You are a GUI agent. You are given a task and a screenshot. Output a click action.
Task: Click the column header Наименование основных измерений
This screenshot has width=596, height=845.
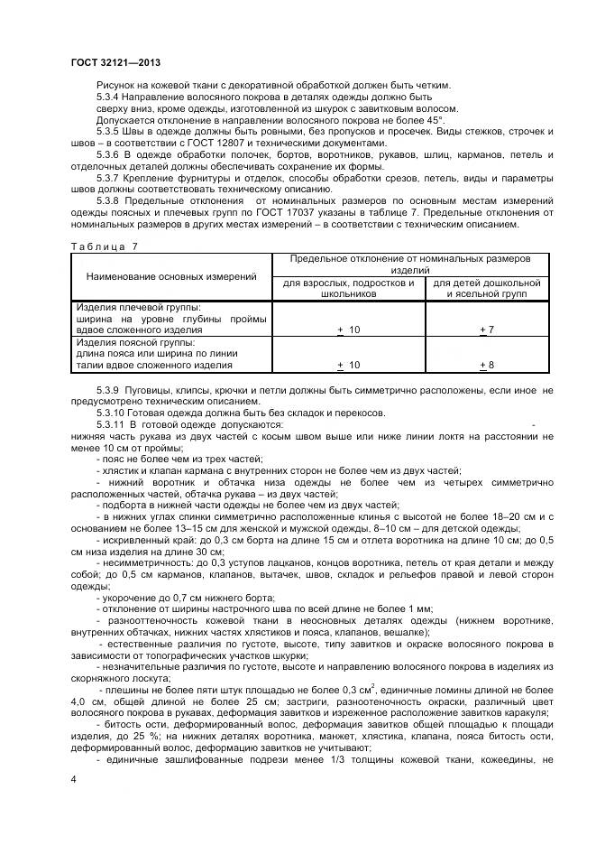171,276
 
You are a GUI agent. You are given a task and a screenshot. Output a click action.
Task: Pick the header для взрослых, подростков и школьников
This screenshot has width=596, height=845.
348,288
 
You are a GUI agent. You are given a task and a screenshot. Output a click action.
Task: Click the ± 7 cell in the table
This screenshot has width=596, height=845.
487,331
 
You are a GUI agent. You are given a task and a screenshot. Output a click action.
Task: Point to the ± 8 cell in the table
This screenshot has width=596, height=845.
487,365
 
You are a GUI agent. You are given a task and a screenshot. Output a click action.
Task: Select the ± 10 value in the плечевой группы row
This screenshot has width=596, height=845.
348,331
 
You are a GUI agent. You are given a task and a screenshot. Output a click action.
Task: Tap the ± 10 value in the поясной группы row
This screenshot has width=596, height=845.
348,365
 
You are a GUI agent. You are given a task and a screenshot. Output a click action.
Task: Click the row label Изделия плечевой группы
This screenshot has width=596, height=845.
138,308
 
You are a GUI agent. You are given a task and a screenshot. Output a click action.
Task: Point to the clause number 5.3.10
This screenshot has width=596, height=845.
111,412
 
